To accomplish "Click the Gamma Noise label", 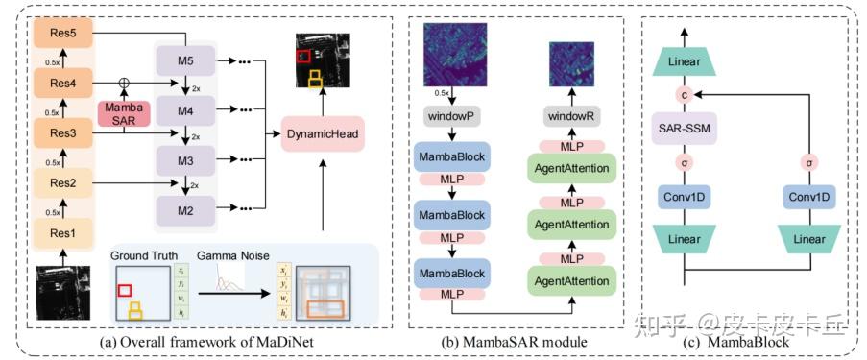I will pos(228,256).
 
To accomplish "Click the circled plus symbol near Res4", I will pos(124,81).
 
